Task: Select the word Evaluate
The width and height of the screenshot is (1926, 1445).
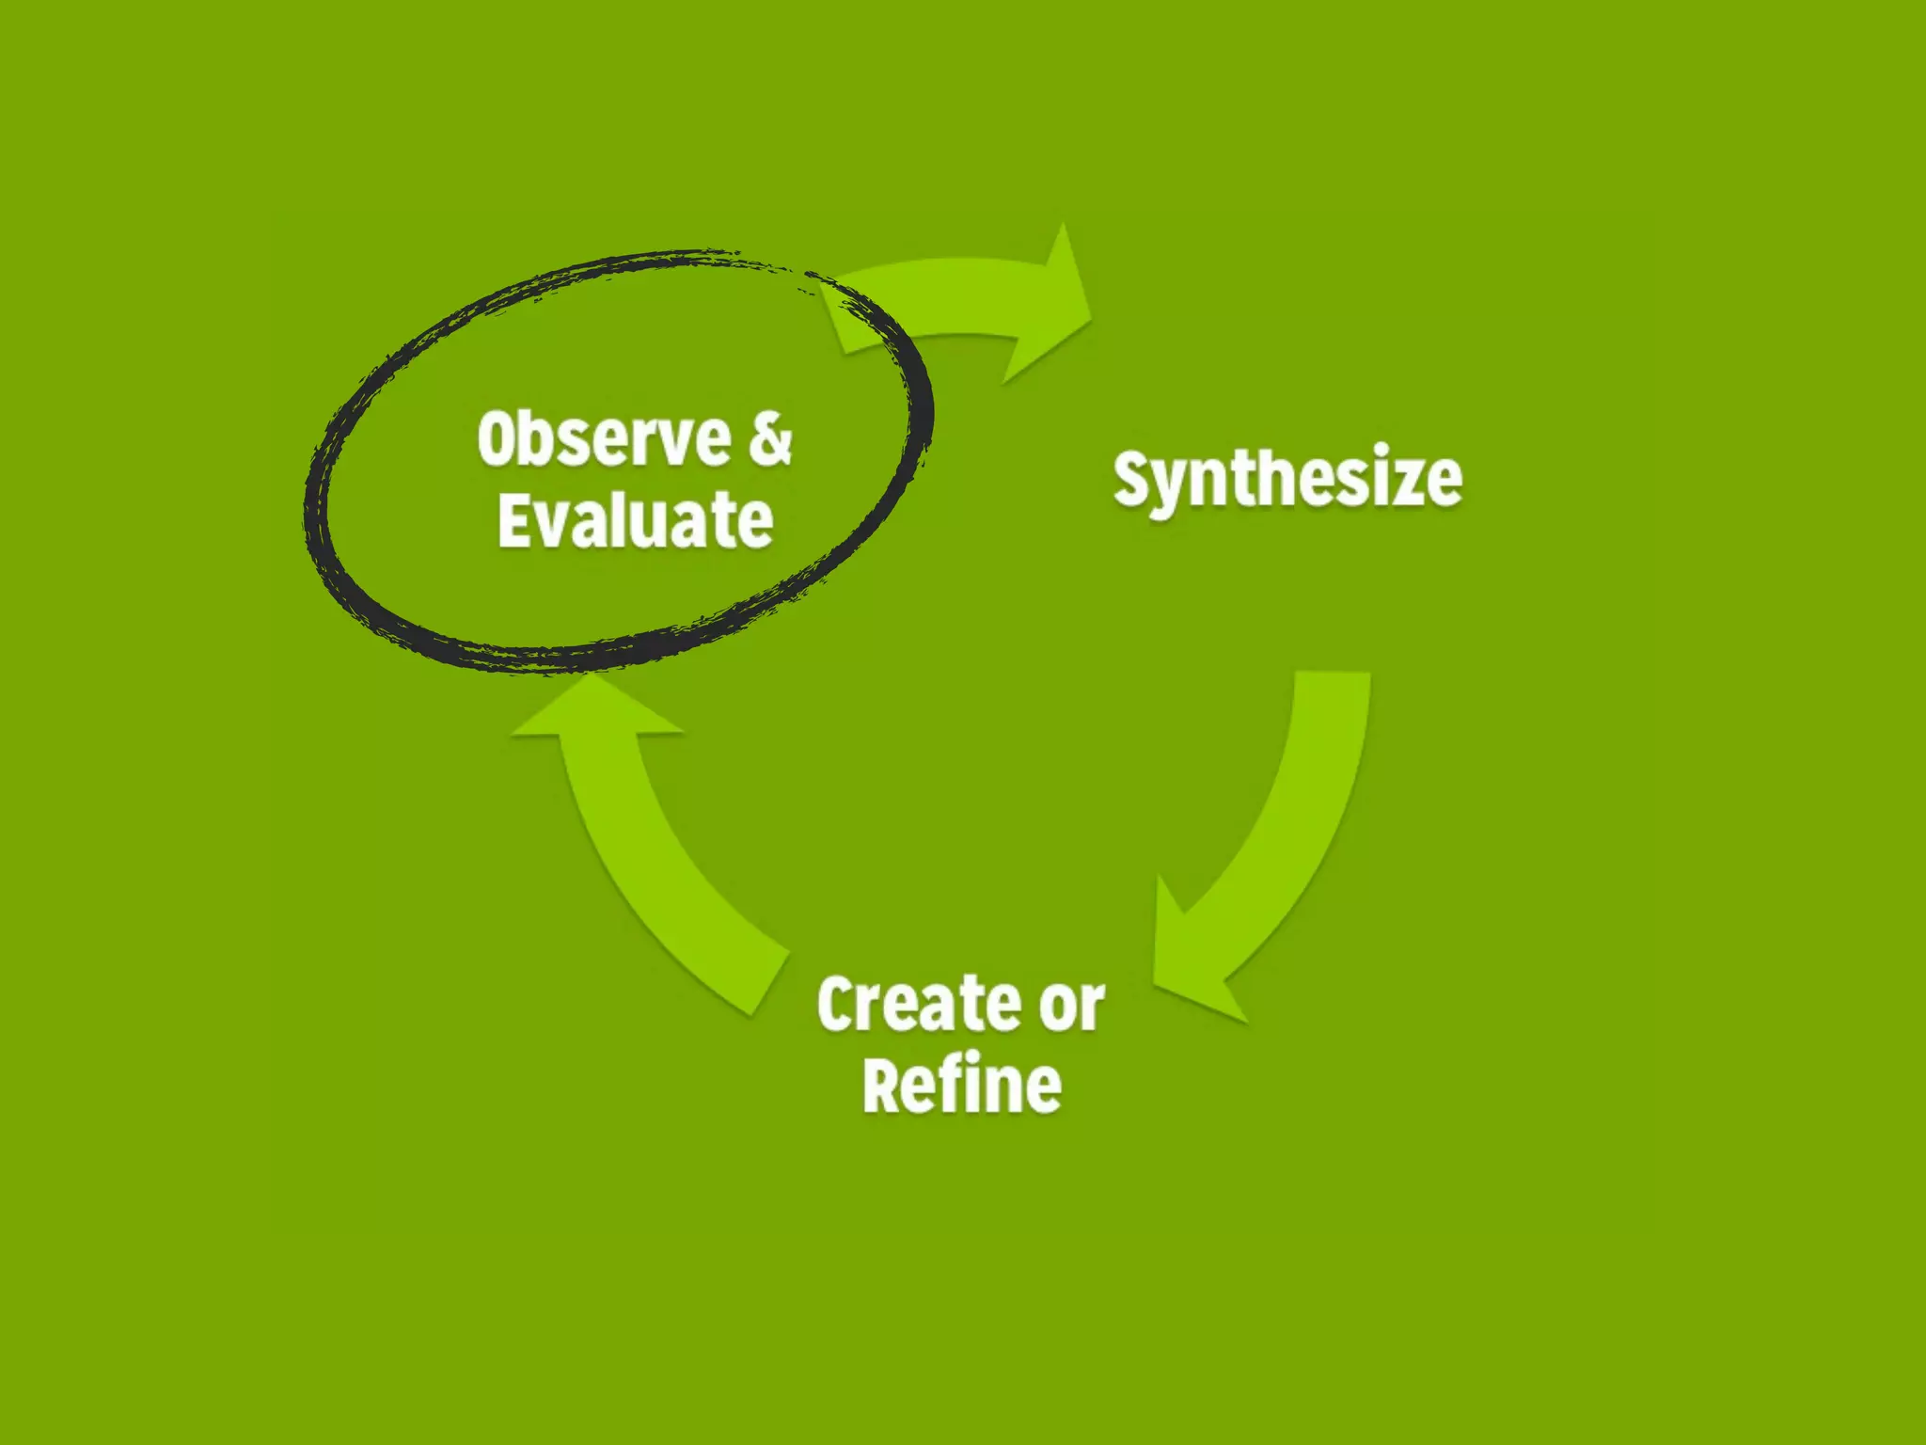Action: point(636,519)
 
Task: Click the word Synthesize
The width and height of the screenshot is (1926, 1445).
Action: point(1287,479)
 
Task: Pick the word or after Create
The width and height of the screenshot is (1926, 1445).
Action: point(1072,1006)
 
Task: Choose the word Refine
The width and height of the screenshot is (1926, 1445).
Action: point(962,1085)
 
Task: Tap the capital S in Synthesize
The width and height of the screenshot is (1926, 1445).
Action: point(1132,479)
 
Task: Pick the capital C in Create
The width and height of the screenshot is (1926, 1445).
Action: point(837,1004)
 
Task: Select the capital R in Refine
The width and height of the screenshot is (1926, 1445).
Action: point(884,1085)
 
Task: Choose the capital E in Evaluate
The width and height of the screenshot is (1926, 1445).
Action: point(514,519)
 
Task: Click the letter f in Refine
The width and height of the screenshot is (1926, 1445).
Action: point(961,1082)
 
